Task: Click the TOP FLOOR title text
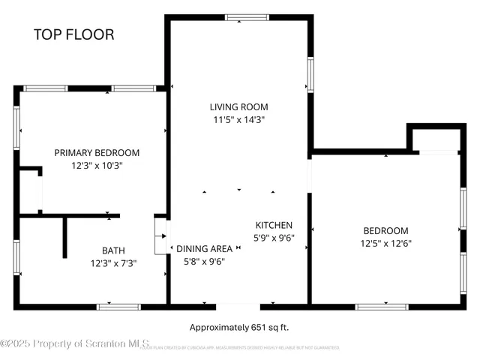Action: coord(73,34)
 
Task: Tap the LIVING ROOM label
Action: coord(238,106)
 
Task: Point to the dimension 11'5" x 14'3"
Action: coord(238,119)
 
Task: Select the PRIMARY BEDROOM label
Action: coord(97,152)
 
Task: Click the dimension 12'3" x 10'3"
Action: coord(97,165)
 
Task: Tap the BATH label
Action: coord(113,250)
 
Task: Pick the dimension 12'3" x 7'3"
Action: coord(113,263)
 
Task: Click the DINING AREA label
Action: coord(204,249)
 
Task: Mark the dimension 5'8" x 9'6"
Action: coord(204,262)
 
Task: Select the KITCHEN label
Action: coord(274,225)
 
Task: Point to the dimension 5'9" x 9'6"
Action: coord(274,238)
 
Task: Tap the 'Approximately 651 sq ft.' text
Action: coord(239,327)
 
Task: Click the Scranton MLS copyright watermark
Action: coord(75,343)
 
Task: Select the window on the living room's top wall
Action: coord(239,17)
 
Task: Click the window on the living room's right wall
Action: coord(310,75)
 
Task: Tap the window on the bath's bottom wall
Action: coord(118,306)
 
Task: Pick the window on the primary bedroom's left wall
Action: coord(16,127)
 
